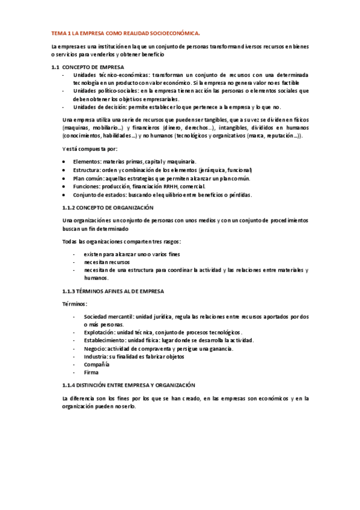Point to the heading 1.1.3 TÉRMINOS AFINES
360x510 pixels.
[x=106, y=290]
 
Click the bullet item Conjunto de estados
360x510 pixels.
[x=162, y=195]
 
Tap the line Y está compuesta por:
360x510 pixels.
[x=90, y=149]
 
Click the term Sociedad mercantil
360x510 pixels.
[x=109, y=316]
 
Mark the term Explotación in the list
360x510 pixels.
[x=100, y=332]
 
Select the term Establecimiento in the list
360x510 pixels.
[x=106, y=340]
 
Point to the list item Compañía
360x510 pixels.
[x=96, y=364]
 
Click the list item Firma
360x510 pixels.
[x=91, y=373]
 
